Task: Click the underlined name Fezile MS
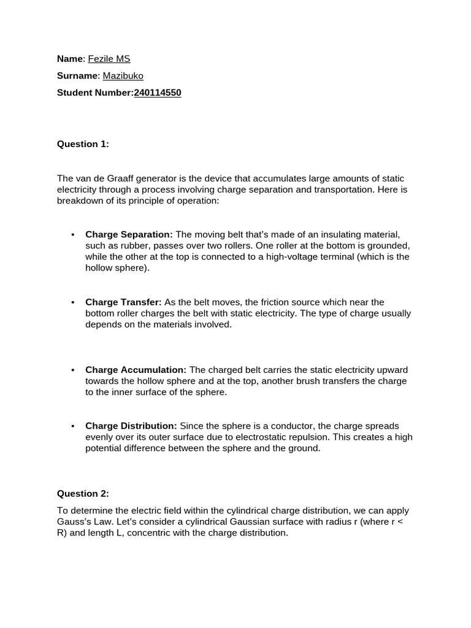tap(109, 59)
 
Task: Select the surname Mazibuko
tap(123, 75)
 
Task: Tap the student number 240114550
tap(158, 93)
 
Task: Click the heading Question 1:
tap(83, 144)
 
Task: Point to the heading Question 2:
tap(83, 493)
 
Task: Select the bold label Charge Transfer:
tap(123, 302)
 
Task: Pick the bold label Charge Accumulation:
tap(136, 370)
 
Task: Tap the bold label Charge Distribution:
tap(131, 426)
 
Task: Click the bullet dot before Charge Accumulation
tap(73, 370)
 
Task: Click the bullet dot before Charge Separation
tap(73, 235)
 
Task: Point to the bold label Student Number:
tap(95, 93)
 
